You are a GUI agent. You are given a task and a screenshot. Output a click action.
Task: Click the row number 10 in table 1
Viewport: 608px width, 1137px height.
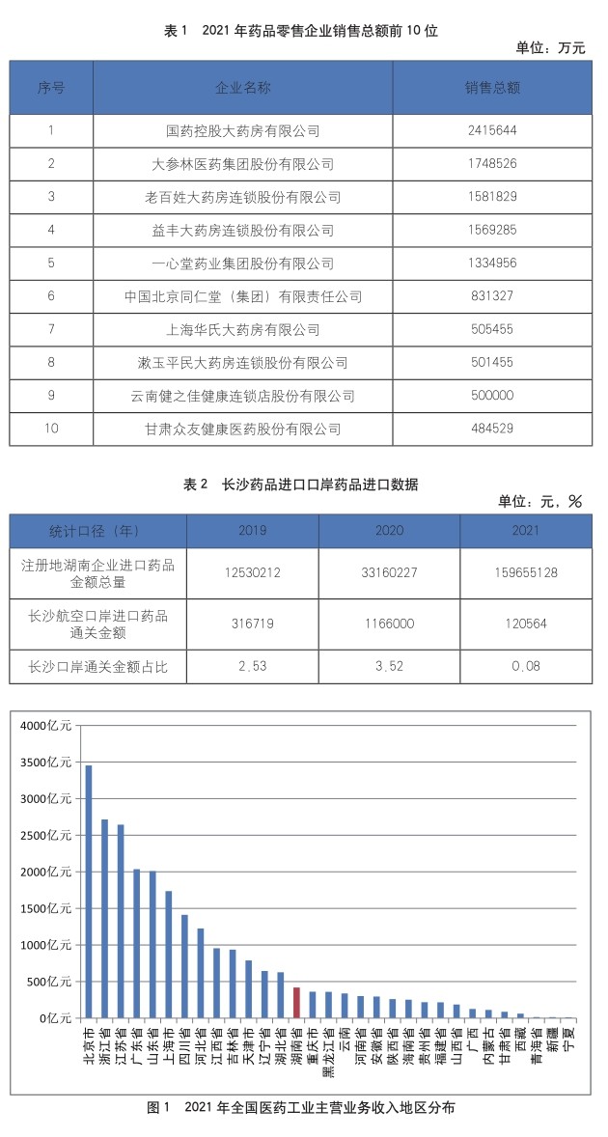(x=51, y=429)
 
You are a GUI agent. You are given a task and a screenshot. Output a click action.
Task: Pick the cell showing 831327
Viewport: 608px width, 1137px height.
(x=493, y=296)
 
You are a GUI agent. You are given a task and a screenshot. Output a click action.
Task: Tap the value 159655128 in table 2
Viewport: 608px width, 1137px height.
(x=526, y=571)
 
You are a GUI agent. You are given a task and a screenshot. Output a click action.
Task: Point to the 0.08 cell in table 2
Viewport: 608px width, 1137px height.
(x=526, y=665)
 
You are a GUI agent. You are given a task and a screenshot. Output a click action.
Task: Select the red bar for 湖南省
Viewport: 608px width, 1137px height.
(x=296, y=1003)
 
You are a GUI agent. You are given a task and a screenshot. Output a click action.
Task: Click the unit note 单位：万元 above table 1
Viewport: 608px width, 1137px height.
(x=551, y=48)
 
